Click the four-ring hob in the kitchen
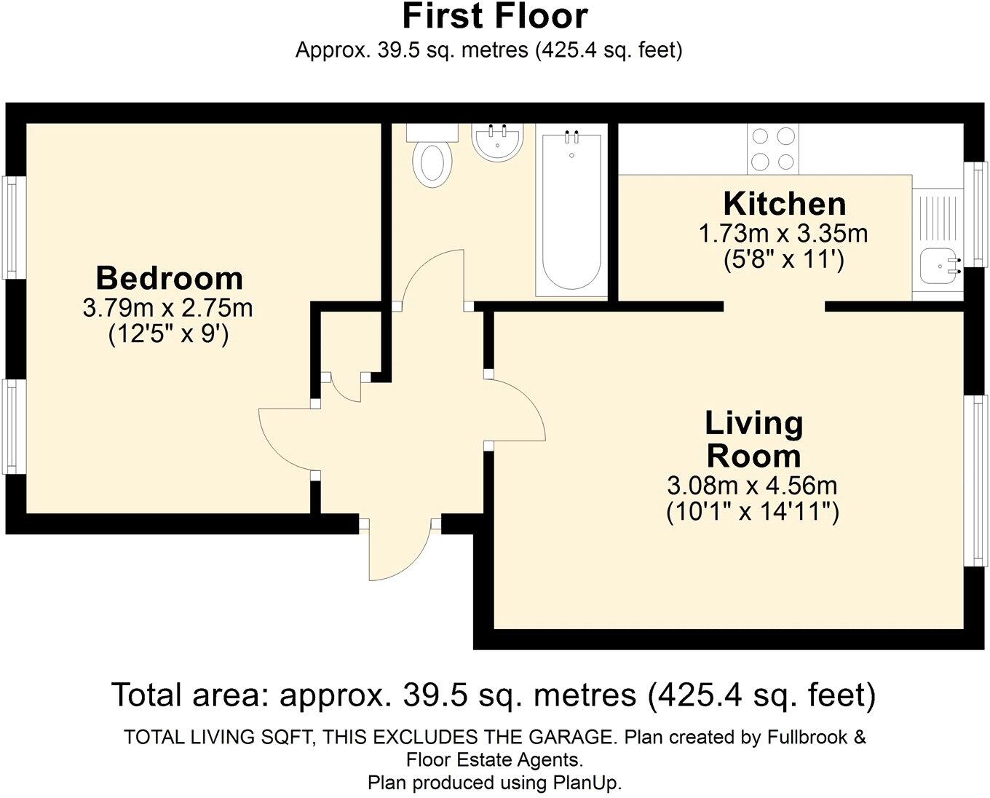773,149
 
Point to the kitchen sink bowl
936,266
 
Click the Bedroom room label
169,278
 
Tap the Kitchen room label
784,203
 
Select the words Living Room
754,439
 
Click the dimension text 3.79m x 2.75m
168,308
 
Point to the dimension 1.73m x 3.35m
783,234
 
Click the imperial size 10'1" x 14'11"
753,512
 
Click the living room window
975,479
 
